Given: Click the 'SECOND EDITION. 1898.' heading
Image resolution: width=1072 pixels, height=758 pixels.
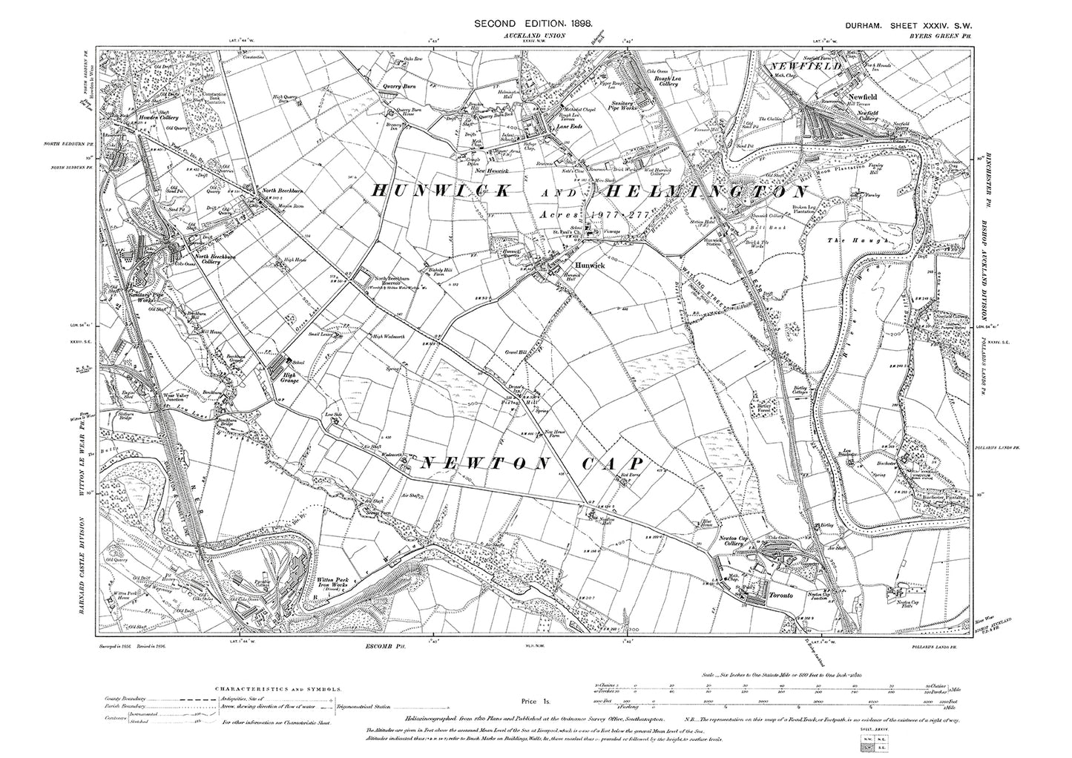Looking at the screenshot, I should (533, 24).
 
